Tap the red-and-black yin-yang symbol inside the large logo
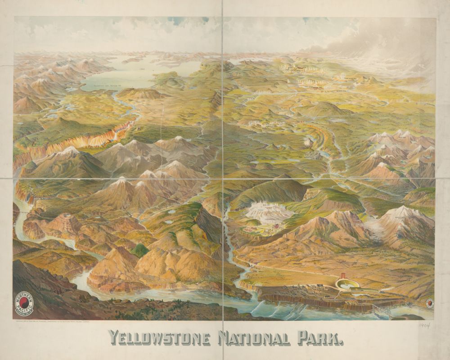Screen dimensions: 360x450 tap(25, 306)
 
